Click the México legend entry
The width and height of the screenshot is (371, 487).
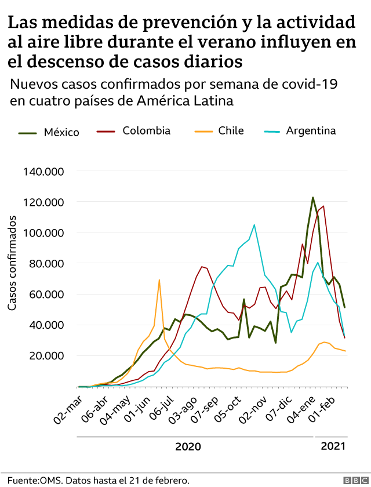tap(61, 132)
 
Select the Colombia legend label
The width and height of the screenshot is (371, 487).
tap(146, 131)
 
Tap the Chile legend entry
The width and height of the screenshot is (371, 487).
tap(231, 131)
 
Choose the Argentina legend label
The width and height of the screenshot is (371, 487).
tap(311, 131)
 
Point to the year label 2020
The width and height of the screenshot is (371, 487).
tap(188, 446)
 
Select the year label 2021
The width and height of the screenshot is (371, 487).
tap(333, 446)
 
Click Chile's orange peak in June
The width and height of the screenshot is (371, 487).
tap(159, 280)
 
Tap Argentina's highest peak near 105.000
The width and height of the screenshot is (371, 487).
tap(254, 225)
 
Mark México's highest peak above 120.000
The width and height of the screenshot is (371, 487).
tap(313, 198)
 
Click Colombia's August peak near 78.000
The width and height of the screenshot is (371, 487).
tap(202, 267)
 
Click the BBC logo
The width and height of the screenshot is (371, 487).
tap(351, 481)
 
